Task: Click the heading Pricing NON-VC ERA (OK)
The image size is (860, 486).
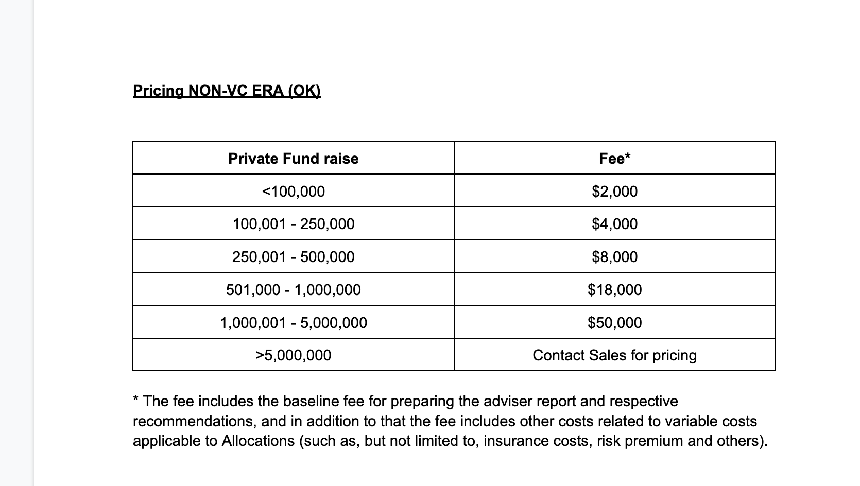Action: point(227,91)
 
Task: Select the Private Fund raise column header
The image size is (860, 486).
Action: point(293,159)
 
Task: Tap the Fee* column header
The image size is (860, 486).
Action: point(614,159)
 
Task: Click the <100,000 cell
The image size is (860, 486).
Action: point(293,192)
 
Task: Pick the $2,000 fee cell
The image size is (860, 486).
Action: point(614,192)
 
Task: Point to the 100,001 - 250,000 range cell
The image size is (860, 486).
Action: point(293,224)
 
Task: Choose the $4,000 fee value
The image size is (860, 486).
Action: point(614,224)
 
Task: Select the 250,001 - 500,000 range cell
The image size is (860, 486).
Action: point(293,257)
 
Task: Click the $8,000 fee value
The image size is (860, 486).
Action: point(614,257)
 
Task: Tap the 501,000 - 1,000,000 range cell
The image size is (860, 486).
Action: point(293,290)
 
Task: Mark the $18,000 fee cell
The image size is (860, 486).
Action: point(614,290)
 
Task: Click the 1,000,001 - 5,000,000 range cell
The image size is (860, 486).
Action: point(293,323)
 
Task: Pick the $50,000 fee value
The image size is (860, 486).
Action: point(614,323)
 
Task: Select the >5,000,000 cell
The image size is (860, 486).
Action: point(293,355)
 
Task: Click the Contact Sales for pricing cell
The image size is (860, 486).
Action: point(614,355)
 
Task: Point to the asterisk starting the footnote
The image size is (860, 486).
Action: point(135,399)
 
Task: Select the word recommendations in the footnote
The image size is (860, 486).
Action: point(193,422)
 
